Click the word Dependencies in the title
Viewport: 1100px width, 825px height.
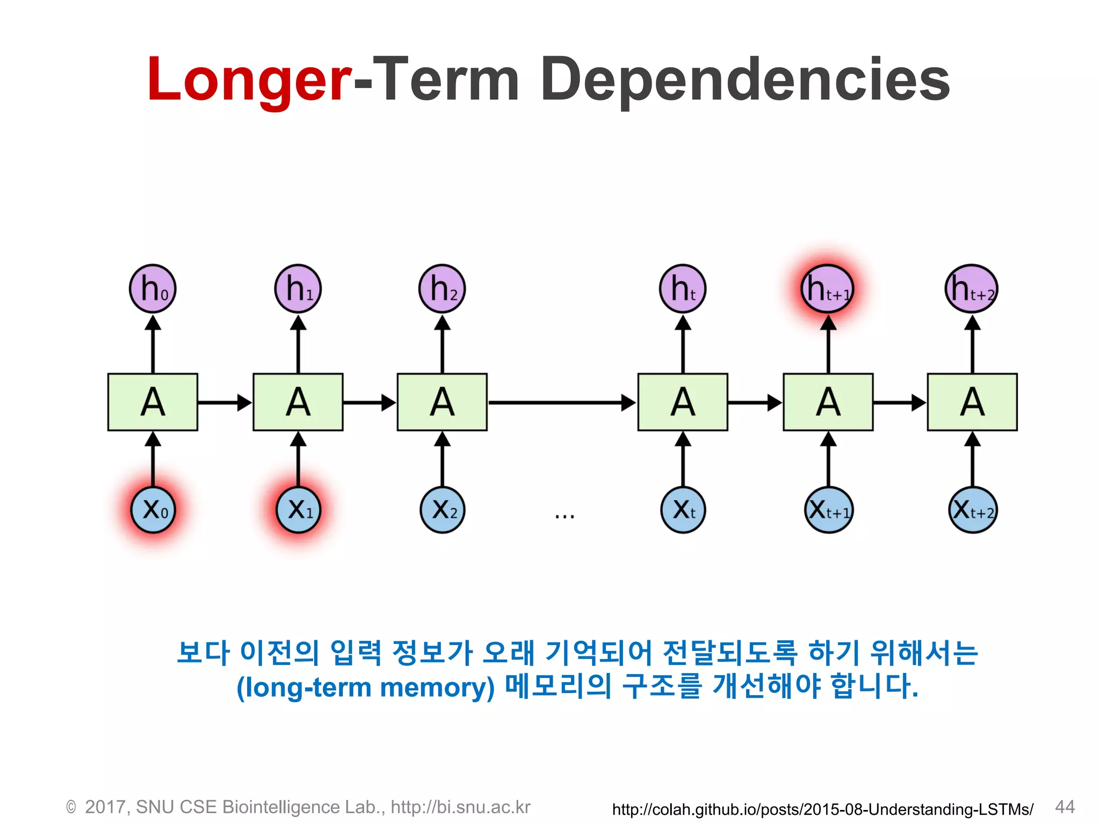[x=746, y=81]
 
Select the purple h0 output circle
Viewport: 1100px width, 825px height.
[x=153, y=288]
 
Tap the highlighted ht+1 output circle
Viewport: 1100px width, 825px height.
[x=828, y=288]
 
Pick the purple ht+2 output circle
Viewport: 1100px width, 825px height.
[x=972, y=288]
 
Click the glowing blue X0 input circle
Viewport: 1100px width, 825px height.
[x=153, y=509]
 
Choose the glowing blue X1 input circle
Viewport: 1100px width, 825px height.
[x=298, y=509]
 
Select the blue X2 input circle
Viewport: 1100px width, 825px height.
[x=442, y=509]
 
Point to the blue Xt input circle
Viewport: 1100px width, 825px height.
[x=683, y=509]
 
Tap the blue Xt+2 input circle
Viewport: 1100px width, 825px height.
[x=972, y=509]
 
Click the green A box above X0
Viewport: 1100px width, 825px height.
[x=153, y=402]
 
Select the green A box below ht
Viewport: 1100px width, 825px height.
[x=683, y=402]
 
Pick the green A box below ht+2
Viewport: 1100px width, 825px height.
[x=972, y=402]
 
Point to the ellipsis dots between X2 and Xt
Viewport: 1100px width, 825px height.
[x=565, y=516]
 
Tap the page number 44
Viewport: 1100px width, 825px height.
[x=1065, y=806]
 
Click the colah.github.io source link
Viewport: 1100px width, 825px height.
[x=822, y=809]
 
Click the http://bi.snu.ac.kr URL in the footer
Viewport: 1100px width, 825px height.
[x=460, y=807]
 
